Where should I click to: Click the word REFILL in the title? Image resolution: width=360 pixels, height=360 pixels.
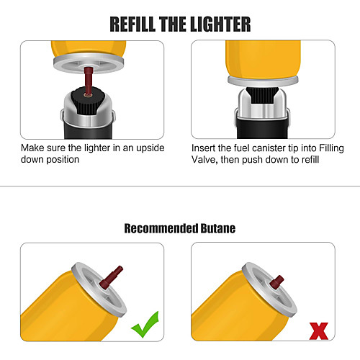pos(132,24)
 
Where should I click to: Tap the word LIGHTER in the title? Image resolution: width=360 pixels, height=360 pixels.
pos(220,24)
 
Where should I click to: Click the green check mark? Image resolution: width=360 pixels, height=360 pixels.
pos(145,325)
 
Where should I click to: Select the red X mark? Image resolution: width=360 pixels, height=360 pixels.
pos(319,331)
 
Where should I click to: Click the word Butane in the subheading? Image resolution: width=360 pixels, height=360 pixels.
pos(218,228)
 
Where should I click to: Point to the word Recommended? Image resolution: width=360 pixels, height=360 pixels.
pos(161,228)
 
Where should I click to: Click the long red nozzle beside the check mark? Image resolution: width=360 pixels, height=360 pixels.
pos(111,277)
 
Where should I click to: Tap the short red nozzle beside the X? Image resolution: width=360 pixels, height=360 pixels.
pos(276,282)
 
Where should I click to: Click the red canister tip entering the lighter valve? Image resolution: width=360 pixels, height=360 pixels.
pos(89,81)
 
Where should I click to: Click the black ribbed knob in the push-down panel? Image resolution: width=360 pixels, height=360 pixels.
pos(262,95)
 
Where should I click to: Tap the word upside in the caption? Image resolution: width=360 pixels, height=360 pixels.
pos(150,148)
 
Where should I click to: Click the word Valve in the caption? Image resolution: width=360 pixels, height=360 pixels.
pos(204,160)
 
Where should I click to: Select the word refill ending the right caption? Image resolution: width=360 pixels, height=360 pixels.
pos(310,160)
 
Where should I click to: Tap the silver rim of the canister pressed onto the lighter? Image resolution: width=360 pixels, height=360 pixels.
pos(263,81)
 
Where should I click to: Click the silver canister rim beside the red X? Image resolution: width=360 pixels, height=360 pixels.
pos(269,290)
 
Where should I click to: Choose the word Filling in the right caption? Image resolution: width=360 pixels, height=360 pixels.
pos(331,149)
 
